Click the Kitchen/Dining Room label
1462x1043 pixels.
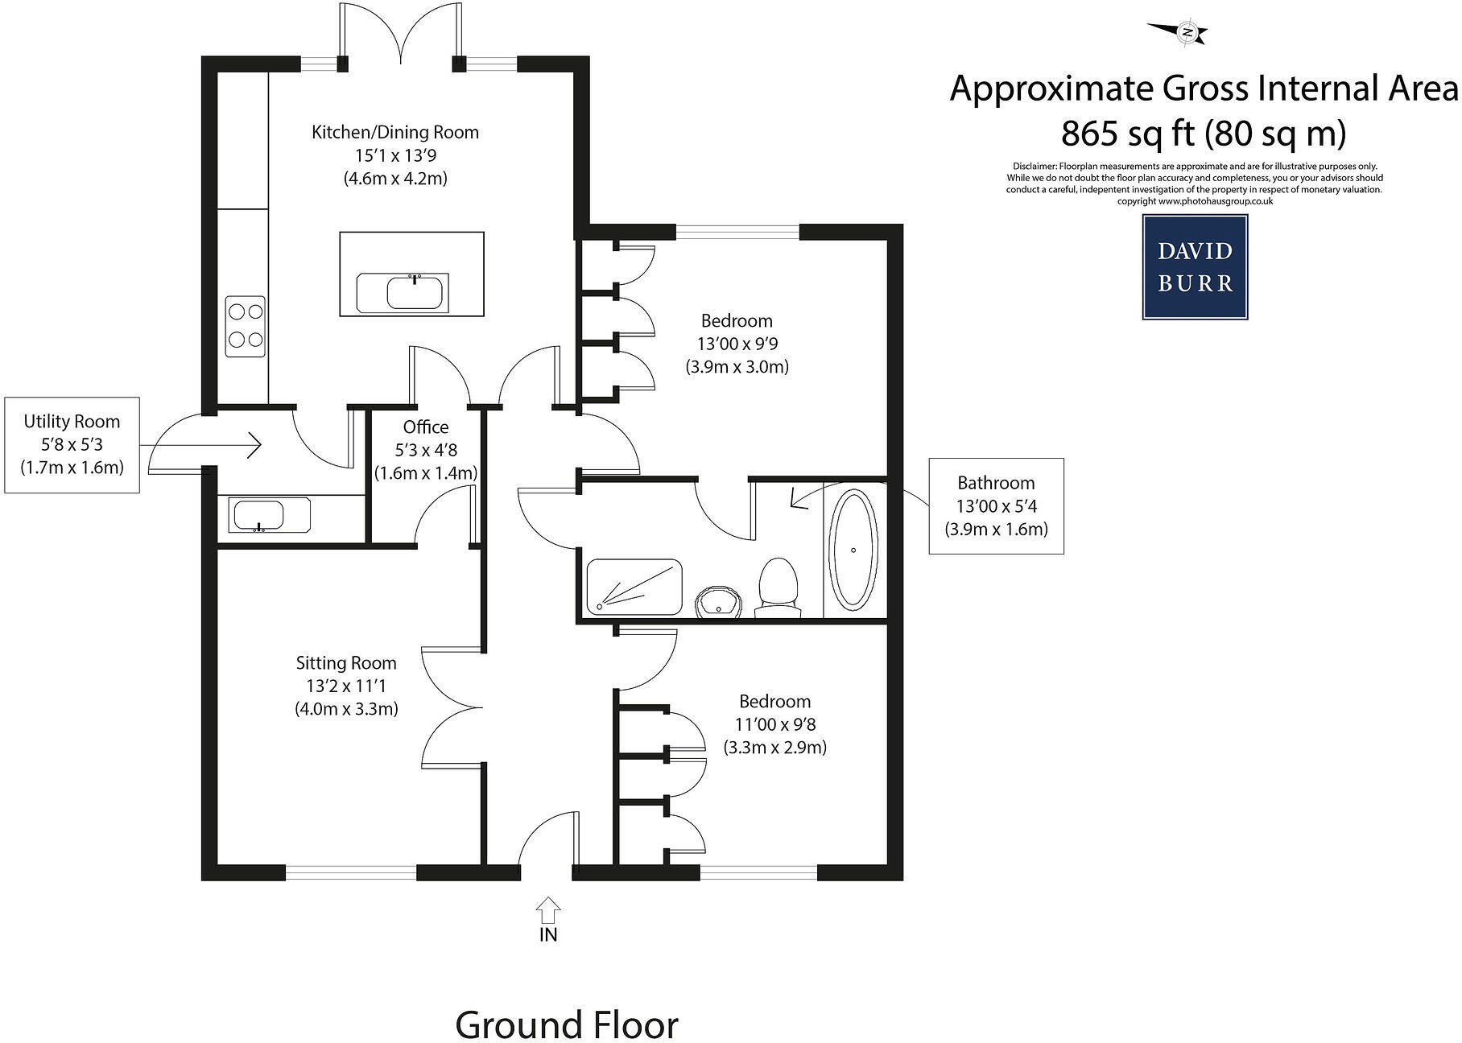[x=394, y=133]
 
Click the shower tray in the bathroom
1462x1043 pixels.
[x=634, y=587]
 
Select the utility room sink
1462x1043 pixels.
[x=269, y=515]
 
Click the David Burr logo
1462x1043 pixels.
[x=1195, y=267]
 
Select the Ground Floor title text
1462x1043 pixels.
[x=566, y=1024]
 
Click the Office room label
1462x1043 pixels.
[x=425, y=427]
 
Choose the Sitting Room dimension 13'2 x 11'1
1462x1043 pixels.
[x=346, y=686]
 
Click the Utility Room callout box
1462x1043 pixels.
[x=72, y=444]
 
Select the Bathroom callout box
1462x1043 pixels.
[x=996, y=506]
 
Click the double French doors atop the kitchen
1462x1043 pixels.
[x=400, y=36]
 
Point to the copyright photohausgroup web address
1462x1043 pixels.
[x=1195, y=201]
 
